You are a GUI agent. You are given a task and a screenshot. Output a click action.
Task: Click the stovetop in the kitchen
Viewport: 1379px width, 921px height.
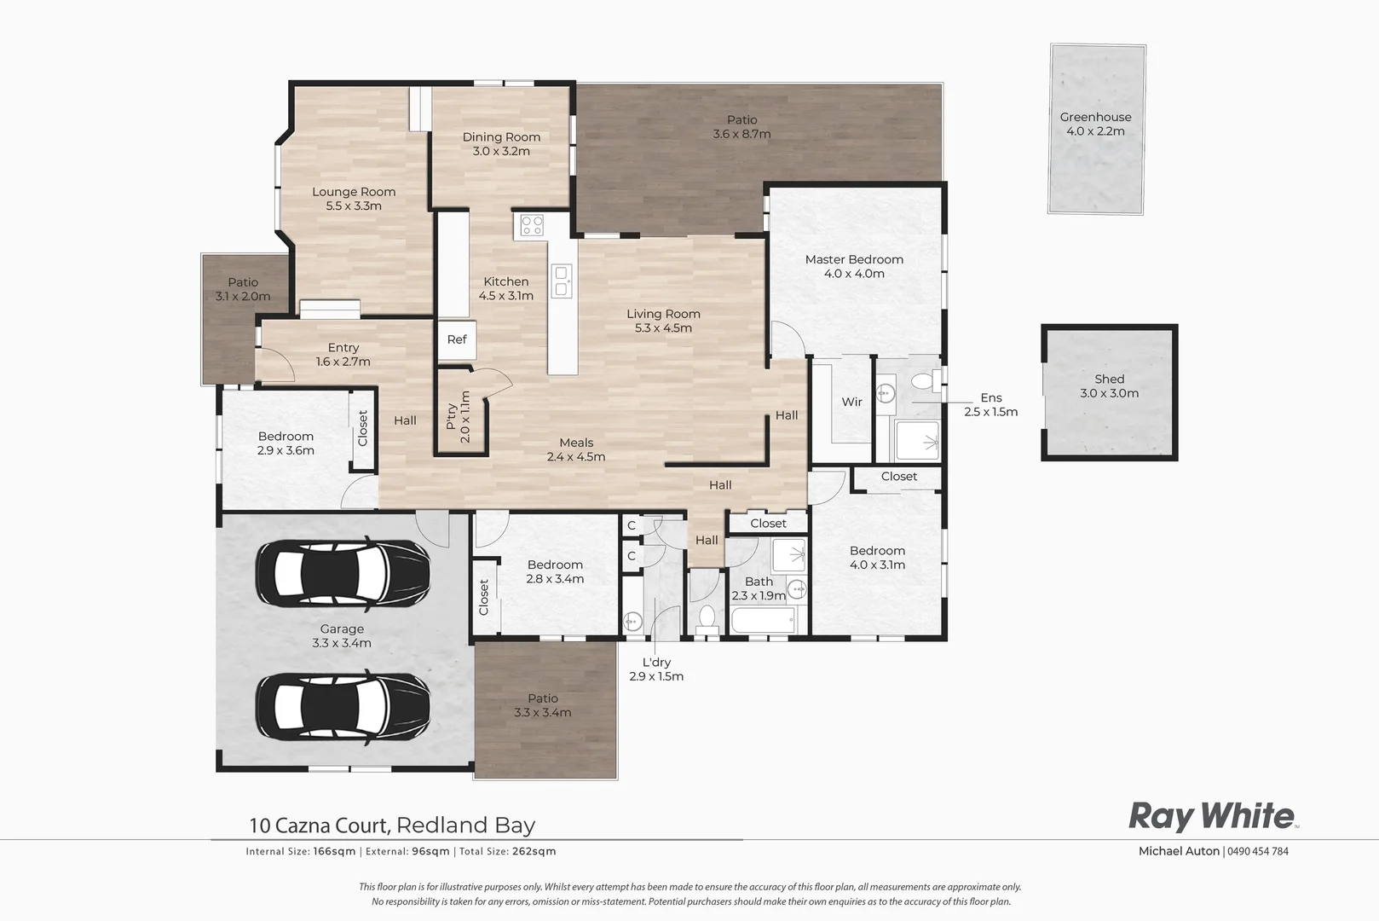532,226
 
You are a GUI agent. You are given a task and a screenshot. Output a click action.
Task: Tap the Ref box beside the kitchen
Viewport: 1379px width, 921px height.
457,339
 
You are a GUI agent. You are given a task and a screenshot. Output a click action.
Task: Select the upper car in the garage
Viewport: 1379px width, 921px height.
342,572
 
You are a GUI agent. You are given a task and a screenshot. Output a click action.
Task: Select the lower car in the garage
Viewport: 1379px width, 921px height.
342,705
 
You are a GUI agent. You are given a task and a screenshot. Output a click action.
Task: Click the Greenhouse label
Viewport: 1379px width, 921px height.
1095,118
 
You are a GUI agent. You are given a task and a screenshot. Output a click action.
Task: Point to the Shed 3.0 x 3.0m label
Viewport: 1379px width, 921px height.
1109,386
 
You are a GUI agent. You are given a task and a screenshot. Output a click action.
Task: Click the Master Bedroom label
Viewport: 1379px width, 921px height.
854,259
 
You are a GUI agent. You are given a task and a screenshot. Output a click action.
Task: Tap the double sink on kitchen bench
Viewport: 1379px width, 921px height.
562,281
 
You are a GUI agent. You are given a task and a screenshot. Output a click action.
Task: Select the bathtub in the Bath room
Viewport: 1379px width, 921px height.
764,620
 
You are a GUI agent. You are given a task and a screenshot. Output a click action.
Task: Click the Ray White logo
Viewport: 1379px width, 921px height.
1212,817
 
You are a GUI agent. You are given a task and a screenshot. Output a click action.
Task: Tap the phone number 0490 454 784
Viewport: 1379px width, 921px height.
1258,851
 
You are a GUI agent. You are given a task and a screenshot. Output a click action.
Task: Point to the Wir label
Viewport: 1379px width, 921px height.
851,402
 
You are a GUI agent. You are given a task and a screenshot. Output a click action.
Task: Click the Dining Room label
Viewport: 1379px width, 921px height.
501,136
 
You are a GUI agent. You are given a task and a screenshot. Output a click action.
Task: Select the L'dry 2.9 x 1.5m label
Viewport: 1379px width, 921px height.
656,669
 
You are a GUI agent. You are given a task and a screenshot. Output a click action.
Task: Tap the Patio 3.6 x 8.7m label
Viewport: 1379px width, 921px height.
741,127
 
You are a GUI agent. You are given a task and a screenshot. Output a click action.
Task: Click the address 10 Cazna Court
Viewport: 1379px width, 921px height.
320,825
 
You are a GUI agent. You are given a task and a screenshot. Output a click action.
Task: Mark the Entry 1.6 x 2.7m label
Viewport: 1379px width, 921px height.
343,354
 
